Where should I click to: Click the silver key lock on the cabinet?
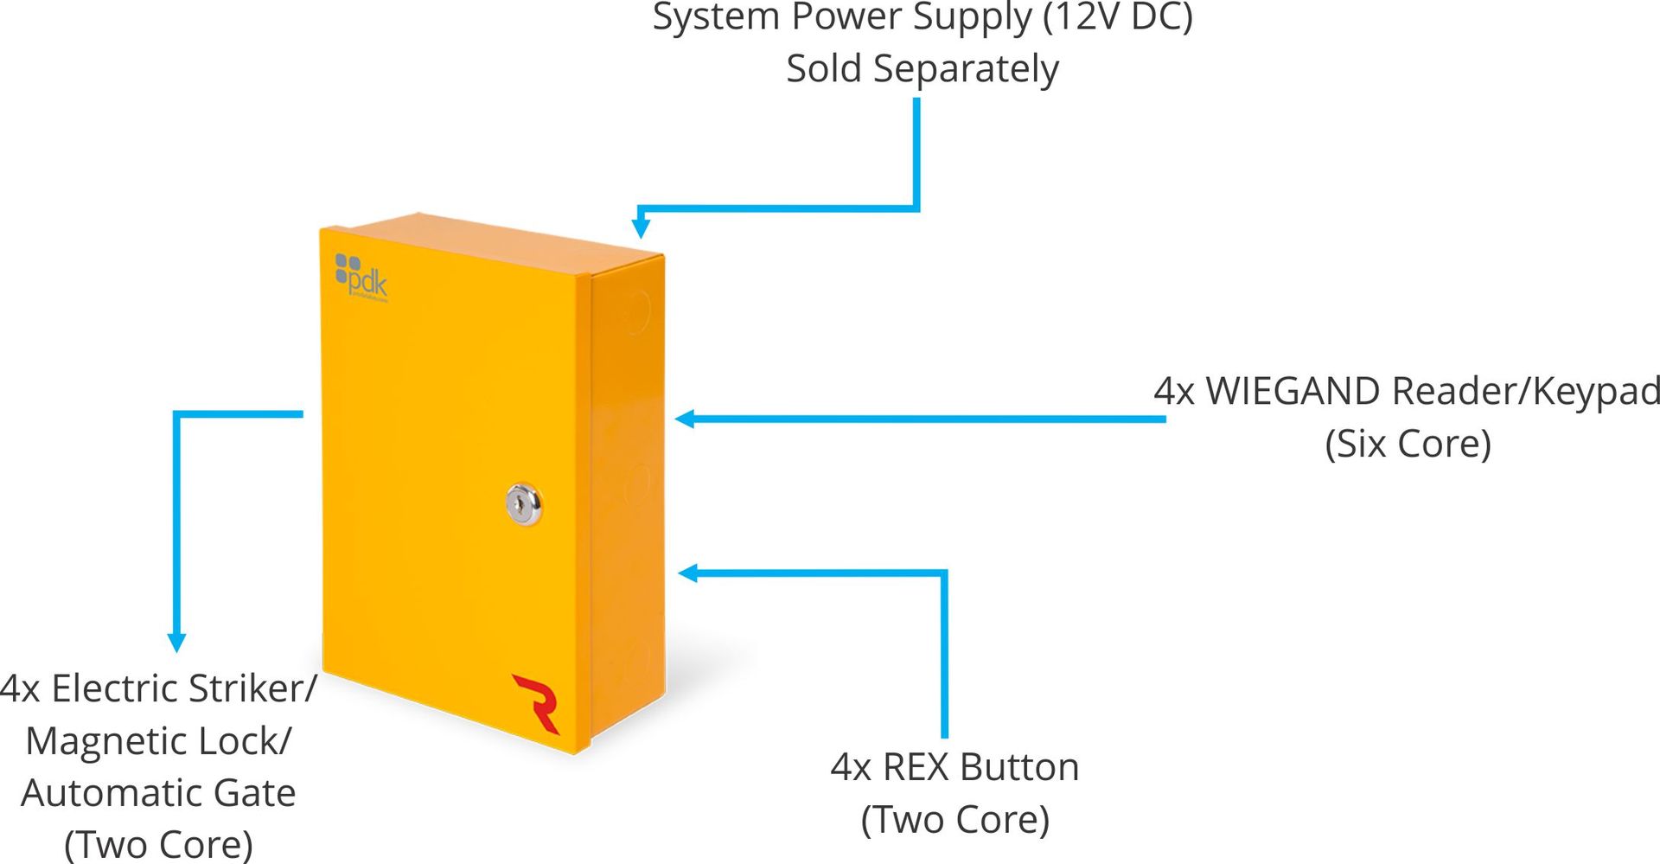[524, 503]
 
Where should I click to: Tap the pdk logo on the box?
[361, 277]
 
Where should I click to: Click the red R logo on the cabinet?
[538, 702]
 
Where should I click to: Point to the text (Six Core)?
[1408, 444]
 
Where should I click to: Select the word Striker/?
[252, 688]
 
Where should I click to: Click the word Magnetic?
[104, 741]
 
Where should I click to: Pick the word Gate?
[254, 793]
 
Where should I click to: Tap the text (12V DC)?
[1117, 17]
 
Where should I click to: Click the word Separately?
[966, 69]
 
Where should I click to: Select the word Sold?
[823, 69]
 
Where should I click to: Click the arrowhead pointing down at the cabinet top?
[641, 227]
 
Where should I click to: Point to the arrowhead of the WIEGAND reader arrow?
[685, 419]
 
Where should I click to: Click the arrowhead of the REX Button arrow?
[688, 573]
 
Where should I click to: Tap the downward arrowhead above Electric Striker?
[176, 643]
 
